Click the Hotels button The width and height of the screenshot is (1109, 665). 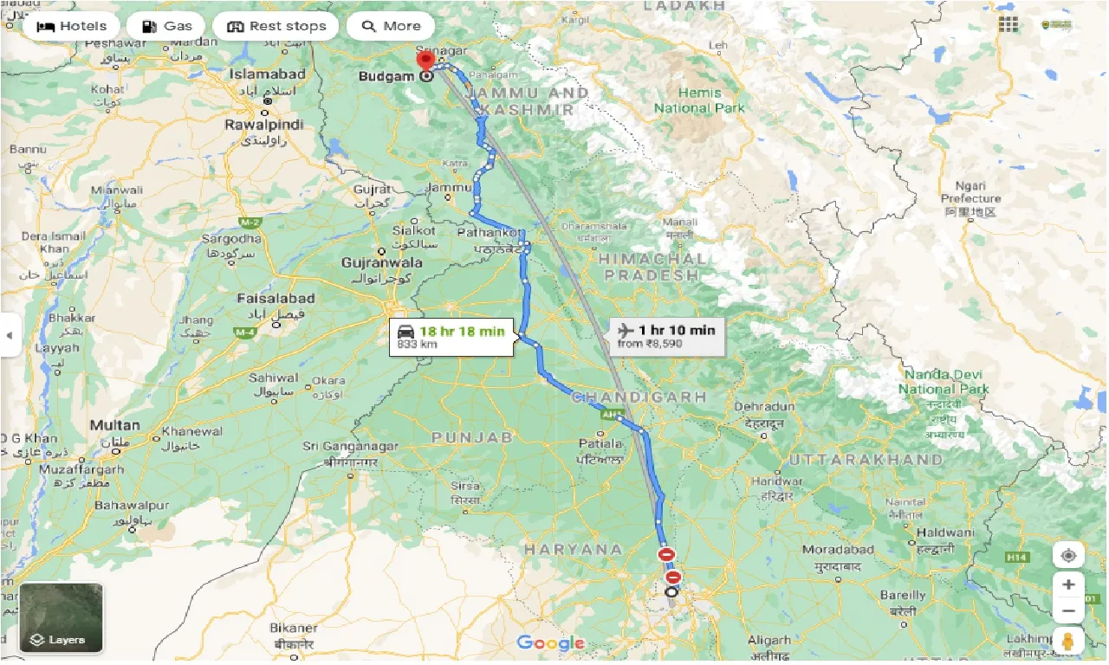click(x=72, y=26)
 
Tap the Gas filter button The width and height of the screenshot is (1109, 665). click(x=166, y=26)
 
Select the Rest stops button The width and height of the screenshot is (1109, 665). click(x=276, y=26)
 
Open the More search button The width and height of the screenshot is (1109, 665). click(x=391, y=26)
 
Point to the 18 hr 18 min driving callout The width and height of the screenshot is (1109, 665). click(x=452, y=337)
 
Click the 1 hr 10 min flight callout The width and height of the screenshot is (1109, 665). click(x=666, y=336)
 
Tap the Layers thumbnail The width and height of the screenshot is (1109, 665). click(x=61, y=617)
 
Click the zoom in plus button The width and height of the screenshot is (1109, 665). click(x=1068, y=584)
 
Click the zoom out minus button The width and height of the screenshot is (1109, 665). click(x=1068, y=612)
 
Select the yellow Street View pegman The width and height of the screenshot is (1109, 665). click(x=1068, y=642)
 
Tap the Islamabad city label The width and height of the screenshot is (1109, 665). click(x=267, y=74)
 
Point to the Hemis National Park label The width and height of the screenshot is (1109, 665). click(x=698, y=100)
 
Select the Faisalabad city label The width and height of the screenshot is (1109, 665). click(x=276, y=299)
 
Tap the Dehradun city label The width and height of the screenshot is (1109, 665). click(x=764, y=406)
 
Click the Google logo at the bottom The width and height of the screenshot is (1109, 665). click(x=550, y=643)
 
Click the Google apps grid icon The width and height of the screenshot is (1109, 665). click(x=1008, y=24)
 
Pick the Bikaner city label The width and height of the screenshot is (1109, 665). click(x=293, y=628)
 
